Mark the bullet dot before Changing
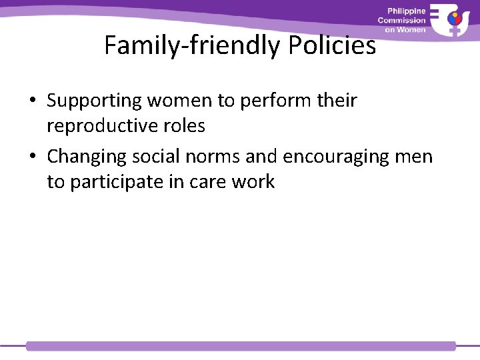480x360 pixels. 33,157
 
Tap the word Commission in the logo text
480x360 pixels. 401,21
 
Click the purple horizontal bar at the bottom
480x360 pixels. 240,346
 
